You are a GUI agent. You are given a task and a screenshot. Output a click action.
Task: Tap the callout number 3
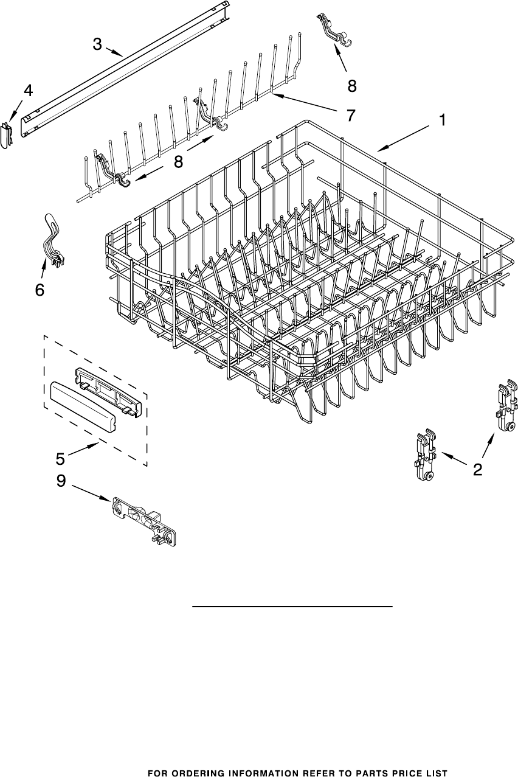97,44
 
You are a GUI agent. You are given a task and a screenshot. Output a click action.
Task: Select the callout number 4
28,90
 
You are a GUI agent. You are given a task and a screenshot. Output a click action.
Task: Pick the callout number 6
40,290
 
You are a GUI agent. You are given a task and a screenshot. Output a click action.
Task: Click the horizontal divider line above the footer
292,607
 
